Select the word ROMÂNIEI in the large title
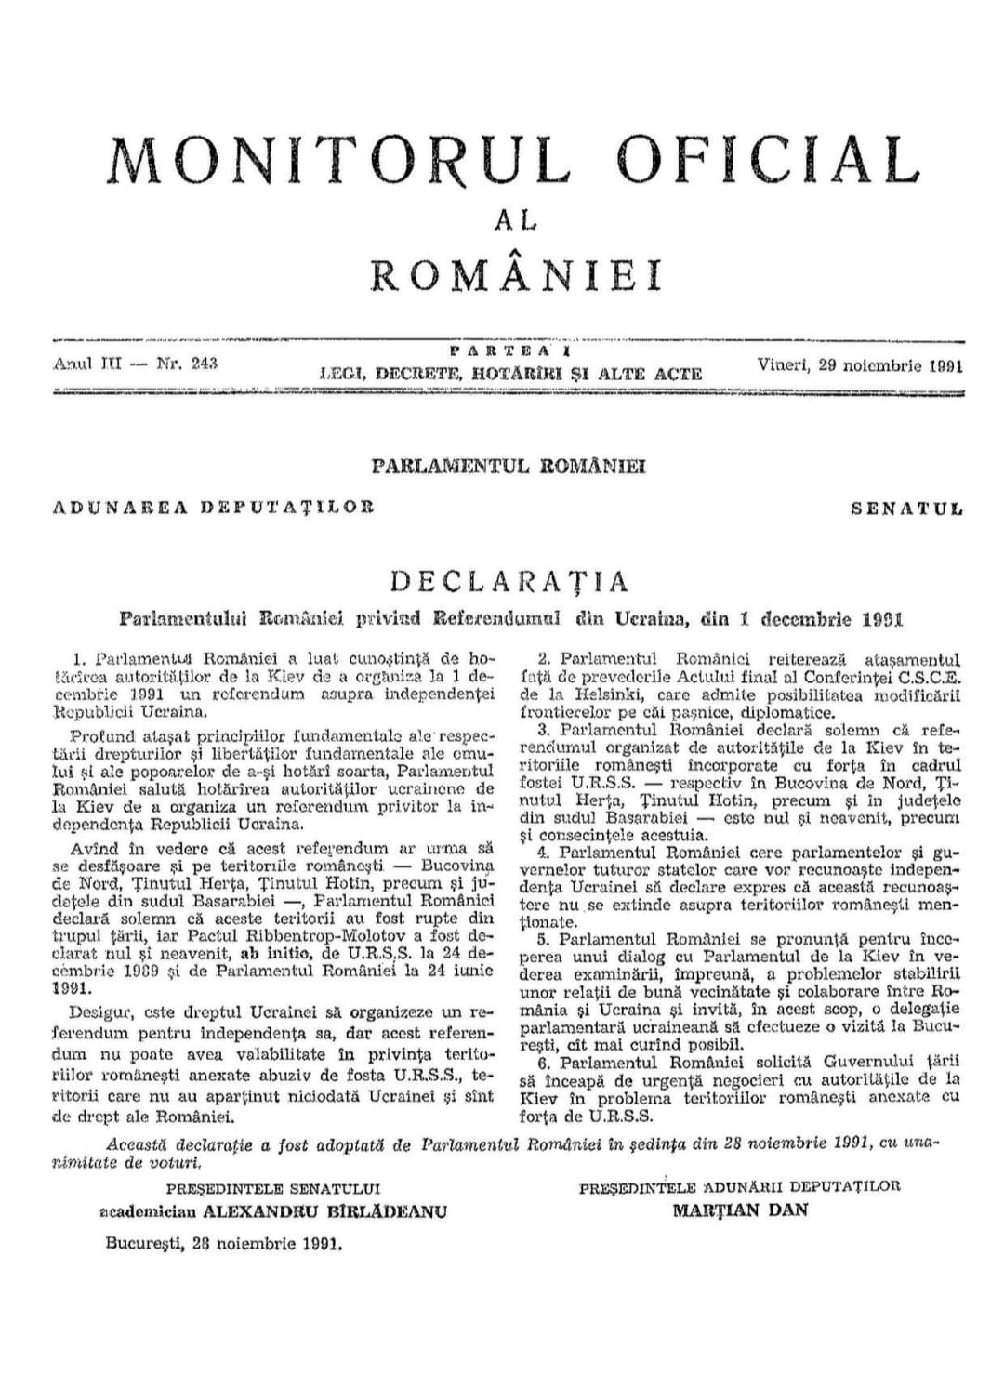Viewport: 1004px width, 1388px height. pos(517,274)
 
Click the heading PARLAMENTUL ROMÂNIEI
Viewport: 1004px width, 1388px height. pos(509,466)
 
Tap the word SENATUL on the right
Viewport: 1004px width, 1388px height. pos(906,509)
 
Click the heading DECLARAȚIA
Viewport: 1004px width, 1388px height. pos(509,581)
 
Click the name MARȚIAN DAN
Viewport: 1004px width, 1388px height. pos(740,1210)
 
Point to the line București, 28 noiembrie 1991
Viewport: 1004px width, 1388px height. pos(224,1243)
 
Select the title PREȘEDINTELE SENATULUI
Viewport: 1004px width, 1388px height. pos(273,1187)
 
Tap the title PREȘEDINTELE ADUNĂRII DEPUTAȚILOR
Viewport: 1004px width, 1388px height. pos(739,1186)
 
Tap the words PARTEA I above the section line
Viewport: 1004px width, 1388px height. pos(509,351)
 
